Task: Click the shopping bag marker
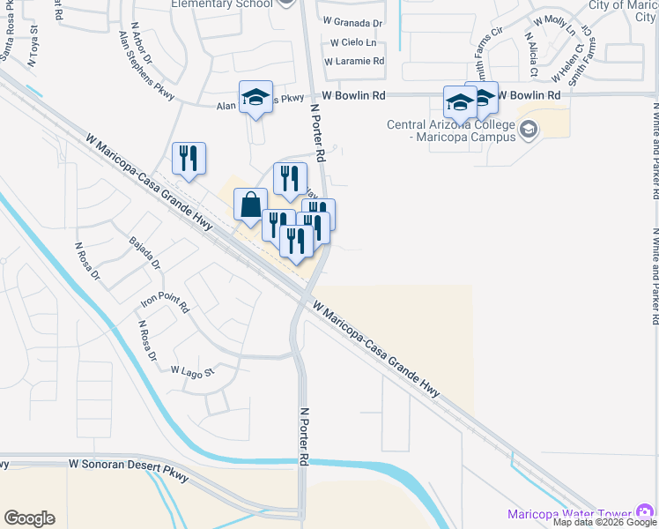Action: (250, 205)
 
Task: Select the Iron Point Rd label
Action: (165, 306)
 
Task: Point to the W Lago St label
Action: (192, 370)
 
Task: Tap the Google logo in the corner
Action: (29, 518)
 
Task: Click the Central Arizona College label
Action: (450, 130)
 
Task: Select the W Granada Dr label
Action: (352, 23)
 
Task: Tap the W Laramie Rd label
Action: (353, 62)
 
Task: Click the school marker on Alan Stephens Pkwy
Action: (255, 98)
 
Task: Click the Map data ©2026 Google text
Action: (604, 522)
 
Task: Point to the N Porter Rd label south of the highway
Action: (305, 436)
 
